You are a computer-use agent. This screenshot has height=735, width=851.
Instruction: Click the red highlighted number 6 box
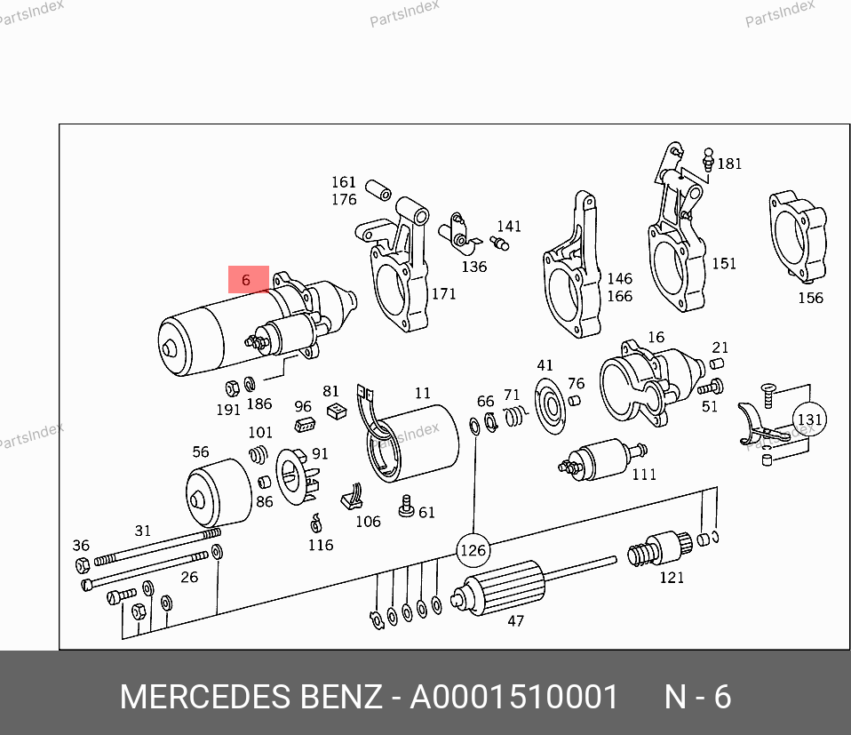click(x=248, y=279)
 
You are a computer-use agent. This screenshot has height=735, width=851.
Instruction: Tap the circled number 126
click(x=473, y=550)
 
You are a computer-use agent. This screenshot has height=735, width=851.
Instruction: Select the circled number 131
click(x=809, y=419)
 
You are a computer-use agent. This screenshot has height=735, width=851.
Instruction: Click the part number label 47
click(x=515, y=621)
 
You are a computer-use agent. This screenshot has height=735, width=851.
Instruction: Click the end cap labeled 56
click(x=219, y=492)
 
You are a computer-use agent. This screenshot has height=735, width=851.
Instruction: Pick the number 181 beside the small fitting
click(x=729, y=164)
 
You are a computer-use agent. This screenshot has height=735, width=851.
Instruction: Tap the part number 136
click(x=473, y=267)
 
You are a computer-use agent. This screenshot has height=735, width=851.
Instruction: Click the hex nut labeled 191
click(x=232, y=387)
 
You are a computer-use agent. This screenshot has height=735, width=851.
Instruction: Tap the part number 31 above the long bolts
click(x=143, y=531)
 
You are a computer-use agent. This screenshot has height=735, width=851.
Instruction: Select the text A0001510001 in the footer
click(x=513, y=698)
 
